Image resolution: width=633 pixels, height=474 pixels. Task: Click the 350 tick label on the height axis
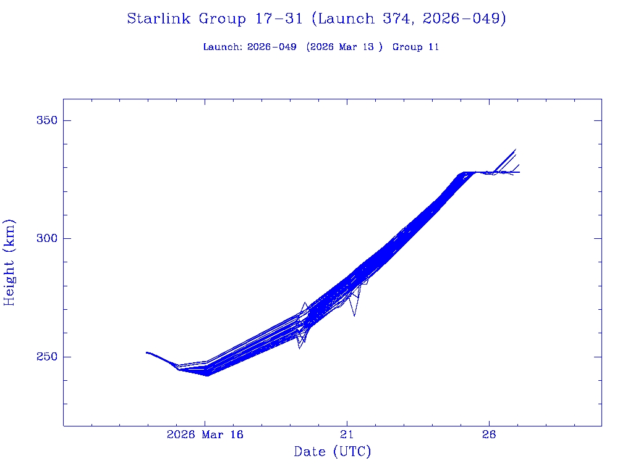coord(45,120)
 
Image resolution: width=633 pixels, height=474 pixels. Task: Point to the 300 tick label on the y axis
coord(45,239)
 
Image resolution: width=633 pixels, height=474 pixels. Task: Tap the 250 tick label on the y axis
coord(45,357)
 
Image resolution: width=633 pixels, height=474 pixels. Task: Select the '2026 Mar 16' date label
coord(205,434)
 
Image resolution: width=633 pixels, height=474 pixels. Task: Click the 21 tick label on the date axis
coord(347,434)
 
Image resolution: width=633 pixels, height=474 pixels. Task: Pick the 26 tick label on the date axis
coord(489,434)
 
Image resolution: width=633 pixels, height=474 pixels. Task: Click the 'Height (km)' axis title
coord(9,262)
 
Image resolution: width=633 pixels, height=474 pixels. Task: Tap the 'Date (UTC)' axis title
coord(333,452)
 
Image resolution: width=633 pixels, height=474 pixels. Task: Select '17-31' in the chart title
coord(279,19)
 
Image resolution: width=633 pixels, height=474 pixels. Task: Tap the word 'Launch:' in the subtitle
coord(223,47)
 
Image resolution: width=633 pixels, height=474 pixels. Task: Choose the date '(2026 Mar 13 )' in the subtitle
coord(344,47)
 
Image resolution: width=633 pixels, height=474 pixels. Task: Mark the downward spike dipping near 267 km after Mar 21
coord(354,315)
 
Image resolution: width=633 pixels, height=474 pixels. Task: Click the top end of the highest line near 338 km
coord(516,149)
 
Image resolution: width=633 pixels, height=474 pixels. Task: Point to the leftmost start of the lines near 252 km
coord(147,352)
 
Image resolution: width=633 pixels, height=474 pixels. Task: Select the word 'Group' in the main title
coord(222,19)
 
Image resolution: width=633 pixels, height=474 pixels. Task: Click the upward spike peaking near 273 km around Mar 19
coord(305,303)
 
